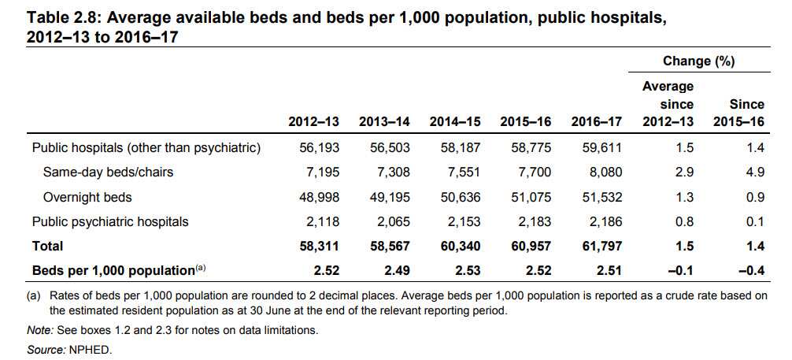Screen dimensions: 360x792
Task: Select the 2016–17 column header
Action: [597, 123]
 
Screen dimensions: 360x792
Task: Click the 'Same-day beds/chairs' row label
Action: [109, 173]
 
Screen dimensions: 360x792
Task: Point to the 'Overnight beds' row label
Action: [87, 197]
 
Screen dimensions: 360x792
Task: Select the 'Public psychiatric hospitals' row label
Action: [110, 221]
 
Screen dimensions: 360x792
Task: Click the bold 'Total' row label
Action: [48, 246]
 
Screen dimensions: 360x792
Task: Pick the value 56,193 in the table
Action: [319, 147]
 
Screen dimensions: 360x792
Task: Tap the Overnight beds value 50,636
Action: [461, 197]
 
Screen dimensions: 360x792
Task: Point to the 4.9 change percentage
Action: [755, 173]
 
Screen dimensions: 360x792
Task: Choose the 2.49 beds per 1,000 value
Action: [397, 270]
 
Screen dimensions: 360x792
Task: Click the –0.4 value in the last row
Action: [752, 270]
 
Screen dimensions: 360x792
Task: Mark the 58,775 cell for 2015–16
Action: [531, 147]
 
